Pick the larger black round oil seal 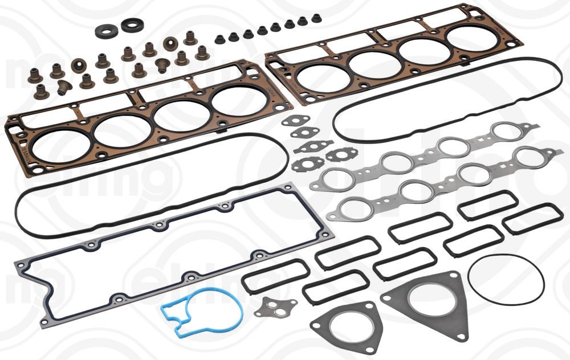point(132,26)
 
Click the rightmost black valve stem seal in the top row point(316,18)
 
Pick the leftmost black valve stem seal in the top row point(219,39)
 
